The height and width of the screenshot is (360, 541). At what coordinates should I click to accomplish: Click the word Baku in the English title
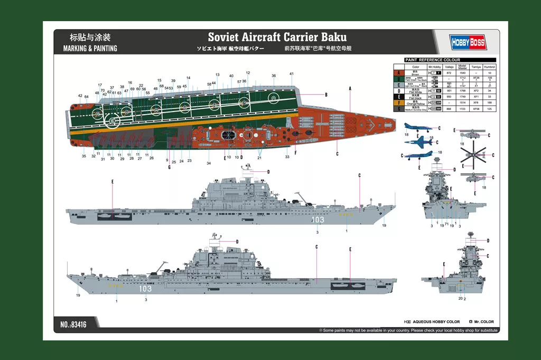click(332, 38)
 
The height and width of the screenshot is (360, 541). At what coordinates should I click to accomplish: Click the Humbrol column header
click(490, 67)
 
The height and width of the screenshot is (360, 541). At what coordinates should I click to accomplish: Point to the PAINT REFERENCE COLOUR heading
click(432, 60)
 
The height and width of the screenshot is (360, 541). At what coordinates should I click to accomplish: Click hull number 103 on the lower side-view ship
click(145, 289)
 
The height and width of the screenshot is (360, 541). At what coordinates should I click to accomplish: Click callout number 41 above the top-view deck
click(292, 74)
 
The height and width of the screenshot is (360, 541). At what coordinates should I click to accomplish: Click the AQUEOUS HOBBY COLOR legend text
click(438, 322)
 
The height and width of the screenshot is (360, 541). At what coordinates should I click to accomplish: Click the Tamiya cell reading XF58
click(475, 109)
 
